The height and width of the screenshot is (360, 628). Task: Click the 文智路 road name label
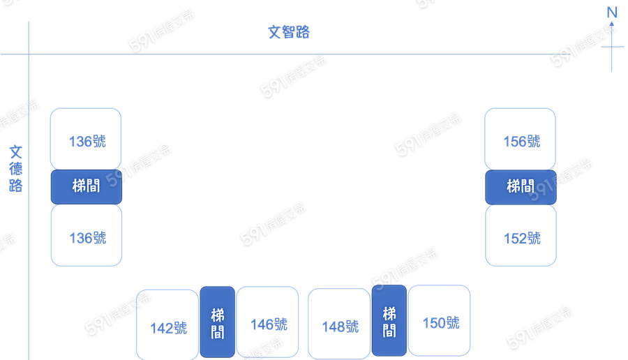289,32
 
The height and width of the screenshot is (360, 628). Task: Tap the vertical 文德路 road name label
16,169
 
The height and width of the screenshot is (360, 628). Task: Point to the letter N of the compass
612,13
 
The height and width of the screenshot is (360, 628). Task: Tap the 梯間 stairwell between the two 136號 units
86,187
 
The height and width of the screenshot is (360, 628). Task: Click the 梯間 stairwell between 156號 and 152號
521,187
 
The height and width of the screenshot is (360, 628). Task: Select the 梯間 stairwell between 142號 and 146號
218,322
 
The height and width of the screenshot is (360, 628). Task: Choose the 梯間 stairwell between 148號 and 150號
389,320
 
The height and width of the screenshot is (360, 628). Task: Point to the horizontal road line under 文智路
314,54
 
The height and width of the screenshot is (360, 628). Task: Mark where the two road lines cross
29,54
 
